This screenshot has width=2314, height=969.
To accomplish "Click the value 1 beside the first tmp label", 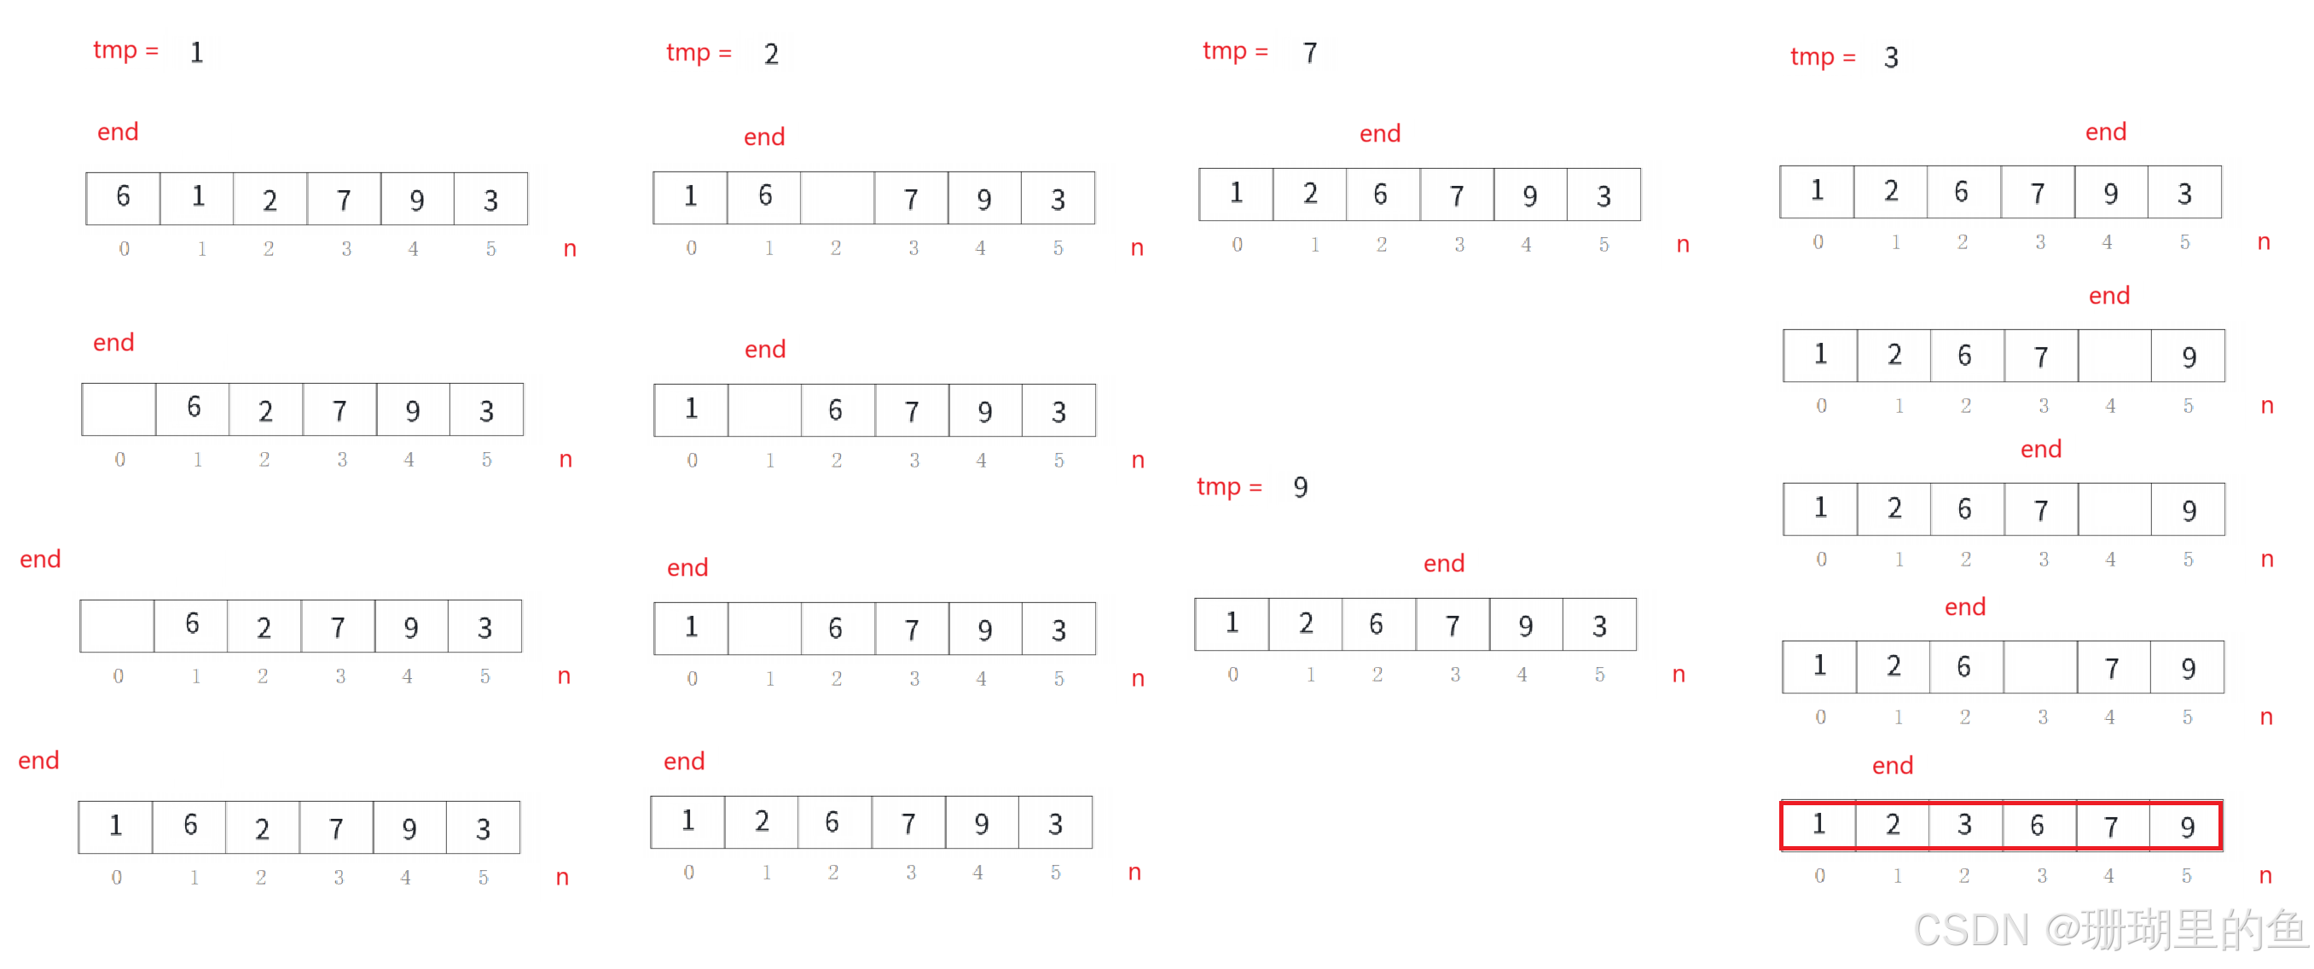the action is click(197, 53).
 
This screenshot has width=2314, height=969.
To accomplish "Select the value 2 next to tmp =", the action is click(771, 54).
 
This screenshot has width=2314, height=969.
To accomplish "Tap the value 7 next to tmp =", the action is click(1310, 53).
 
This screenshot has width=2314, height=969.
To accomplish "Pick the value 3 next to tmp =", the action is click(1891, 57).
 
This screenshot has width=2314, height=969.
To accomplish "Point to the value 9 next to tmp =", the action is click(1299, 487).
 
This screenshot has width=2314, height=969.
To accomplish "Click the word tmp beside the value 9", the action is click(1218, 487).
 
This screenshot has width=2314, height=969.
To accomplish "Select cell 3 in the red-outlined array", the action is click(1964, 824).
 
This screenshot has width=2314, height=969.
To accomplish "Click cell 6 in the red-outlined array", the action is click(2038, 824).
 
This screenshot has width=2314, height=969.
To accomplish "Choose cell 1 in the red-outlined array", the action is click(1818, 823).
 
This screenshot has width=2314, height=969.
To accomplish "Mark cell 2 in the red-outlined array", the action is click(1892, 824).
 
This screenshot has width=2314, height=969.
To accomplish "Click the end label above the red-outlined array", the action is click(1892, 766).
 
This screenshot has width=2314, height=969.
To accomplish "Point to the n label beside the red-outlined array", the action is click(2265, 876).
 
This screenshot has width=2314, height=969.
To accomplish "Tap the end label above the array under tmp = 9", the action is click(1443, 564).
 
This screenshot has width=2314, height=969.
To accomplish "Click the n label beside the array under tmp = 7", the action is click(1684, 244).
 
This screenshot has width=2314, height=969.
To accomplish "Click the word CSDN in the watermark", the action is click(1969, 930).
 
